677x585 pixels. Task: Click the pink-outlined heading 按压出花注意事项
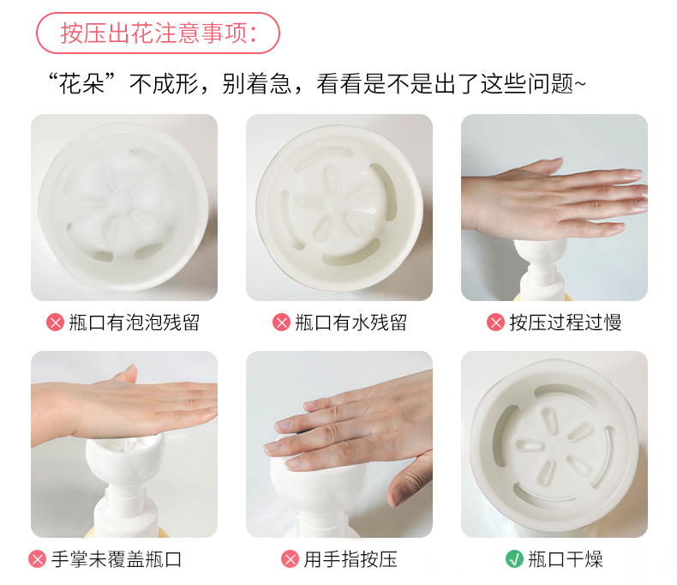click(158, 33)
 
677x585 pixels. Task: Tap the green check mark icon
click(514, 558)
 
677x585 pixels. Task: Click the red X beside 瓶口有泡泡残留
click(55, 323)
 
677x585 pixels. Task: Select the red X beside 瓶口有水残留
click(281, 323)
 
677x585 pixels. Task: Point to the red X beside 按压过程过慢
click(495, 323)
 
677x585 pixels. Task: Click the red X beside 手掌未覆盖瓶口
click(37, 558)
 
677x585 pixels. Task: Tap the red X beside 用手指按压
click(290, 558)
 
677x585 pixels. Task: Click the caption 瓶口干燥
click(566, 559)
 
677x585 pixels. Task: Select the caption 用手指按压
click(350, 559)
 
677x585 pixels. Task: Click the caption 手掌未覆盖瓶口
click(117, 559)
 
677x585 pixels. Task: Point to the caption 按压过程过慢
click(566, 323)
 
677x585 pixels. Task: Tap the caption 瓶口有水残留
click(351, 323)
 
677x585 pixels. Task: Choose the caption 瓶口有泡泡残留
click(135, 323)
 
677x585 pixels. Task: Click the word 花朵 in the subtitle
click(81, 84)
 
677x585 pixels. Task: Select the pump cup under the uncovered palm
click(125, 458)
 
